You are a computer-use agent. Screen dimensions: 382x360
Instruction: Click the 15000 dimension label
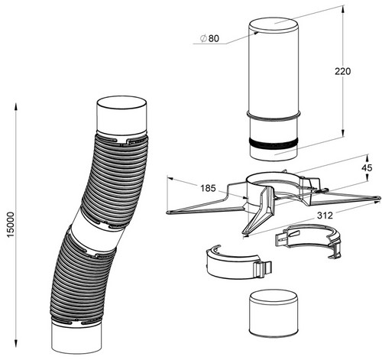tap(11, 225)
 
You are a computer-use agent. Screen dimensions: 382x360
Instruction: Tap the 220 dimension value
tap(342, 72)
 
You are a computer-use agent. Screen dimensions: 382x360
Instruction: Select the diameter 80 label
tap(209, 38)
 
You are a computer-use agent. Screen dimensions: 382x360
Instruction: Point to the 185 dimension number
tap(208, 188)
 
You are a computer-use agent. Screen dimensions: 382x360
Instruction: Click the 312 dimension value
tap(325, 216)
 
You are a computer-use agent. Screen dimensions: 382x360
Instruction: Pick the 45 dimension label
tap(367, 167)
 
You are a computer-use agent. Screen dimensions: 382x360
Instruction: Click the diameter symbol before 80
tap(203, 38)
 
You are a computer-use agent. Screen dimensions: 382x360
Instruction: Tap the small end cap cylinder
tap(274, 313)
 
